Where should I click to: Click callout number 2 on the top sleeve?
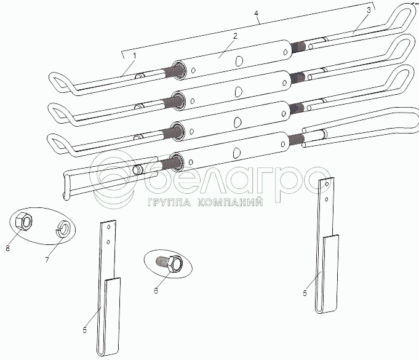[x=235, y=37]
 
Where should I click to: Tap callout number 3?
[x=368, y=10]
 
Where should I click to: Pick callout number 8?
[x=7, y=249]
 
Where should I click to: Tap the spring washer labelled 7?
[x=63, y=230]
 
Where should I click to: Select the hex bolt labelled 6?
[x=168, y=265]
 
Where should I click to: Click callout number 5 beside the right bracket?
[x=305, y=294]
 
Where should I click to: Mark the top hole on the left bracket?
[x=108, y=227]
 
